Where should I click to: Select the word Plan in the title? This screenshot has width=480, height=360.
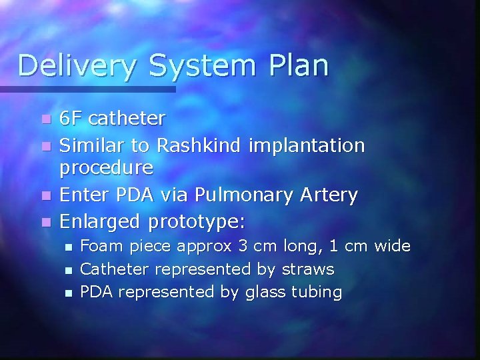coord(298,65)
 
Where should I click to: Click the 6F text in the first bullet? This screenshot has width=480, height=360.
coord(71,119)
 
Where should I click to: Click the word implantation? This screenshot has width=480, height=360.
coord(307,145)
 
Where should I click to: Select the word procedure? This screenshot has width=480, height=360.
coord(106,167)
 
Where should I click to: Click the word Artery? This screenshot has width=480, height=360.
coord(329,195)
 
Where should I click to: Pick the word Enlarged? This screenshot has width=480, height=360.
coord(100,220)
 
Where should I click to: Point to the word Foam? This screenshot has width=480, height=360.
coord(98,247)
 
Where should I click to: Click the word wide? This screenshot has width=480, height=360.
coord(392,247)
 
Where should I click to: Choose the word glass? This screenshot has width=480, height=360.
coord(265,292)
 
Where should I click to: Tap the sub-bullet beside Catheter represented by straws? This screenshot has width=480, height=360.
coord(67,270)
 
